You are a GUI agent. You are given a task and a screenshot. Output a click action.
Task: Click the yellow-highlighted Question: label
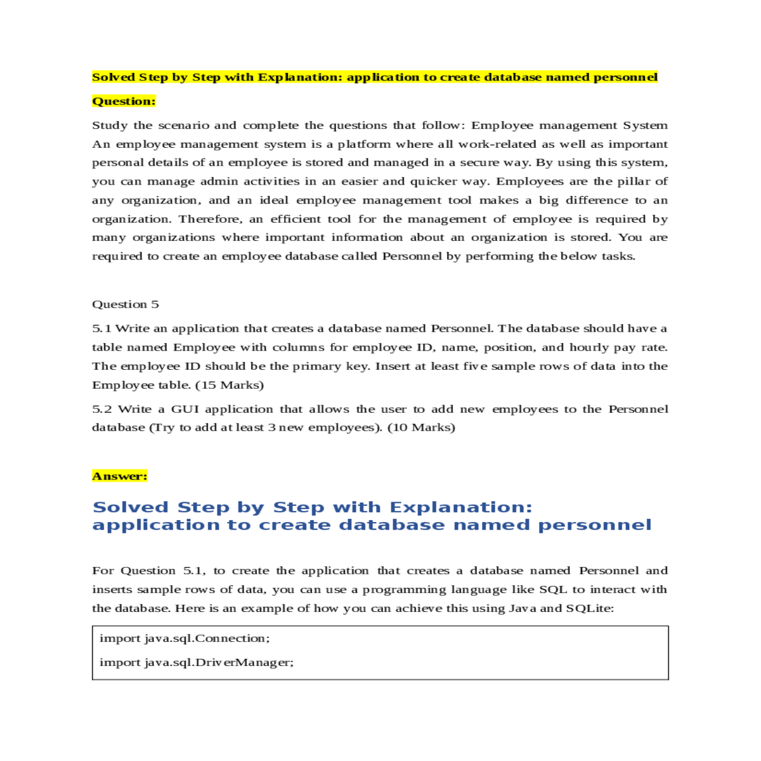[x=124, y=101]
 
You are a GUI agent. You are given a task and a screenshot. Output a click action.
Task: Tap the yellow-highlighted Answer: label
[x=119, y=476]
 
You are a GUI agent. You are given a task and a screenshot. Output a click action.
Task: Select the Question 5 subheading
[x=126, y=304]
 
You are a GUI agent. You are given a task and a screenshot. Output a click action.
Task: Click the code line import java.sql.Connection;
[x=185, y=639]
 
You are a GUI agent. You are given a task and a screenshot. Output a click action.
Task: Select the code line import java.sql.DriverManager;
[x=197, y=663]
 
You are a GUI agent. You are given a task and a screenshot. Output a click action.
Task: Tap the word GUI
[x=185, y=409]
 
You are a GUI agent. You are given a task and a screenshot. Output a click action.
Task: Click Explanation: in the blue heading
[x=461, y=507]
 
